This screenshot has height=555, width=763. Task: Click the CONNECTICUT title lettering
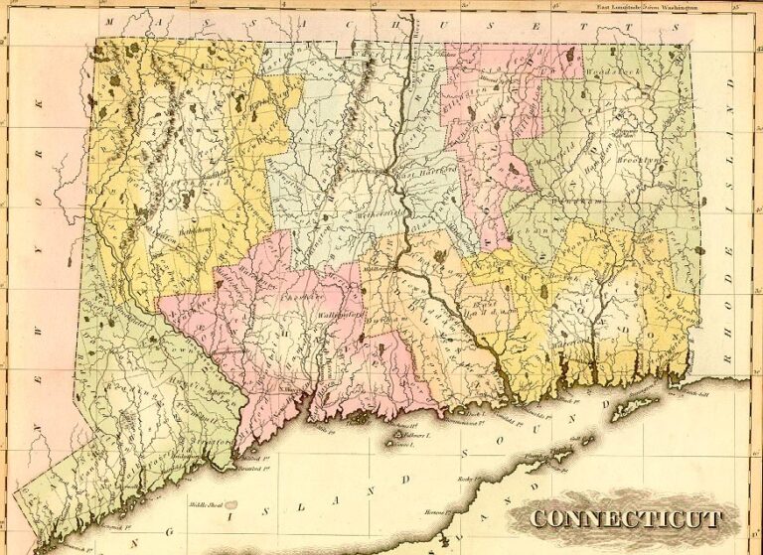point(626,518)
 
